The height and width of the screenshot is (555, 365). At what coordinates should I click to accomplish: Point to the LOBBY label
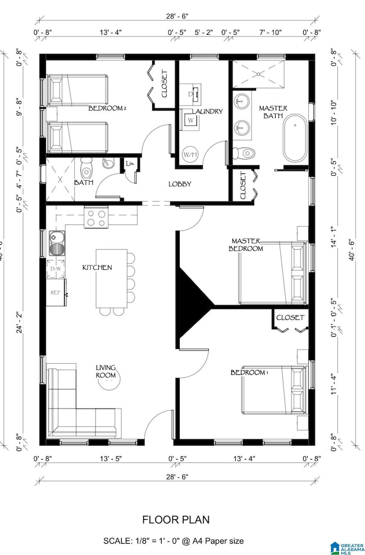[x=180, y=184]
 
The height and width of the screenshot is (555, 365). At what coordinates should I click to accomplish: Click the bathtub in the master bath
[x=295, y=138]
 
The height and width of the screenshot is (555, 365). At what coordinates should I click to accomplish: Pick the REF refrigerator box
[x=56, y=293]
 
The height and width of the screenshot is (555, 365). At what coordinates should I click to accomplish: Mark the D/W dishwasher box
[x=56, y=269]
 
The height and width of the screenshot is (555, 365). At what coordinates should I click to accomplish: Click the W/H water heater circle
[x=190, y=154]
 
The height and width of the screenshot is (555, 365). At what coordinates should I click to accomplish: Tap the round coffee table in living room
[x=108, y=385]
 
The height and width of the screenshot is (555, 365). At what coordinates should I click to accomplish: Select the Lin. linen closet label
[x=130, y=164]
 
